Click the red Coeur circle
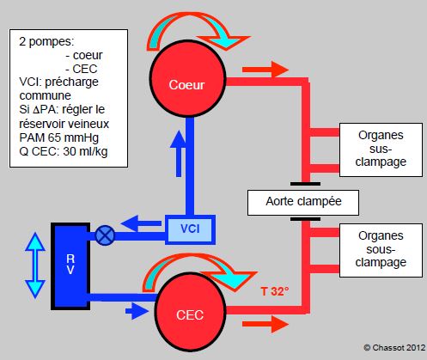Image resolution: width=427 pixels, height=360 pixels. [188, 78]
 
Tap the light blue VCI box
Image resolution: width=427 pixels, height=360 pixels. [190, 229]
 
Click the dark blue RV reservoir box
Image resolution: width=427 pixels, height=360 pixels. [70, 266]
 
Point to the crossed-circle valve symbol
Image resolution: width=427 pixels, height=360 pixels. [105, 235]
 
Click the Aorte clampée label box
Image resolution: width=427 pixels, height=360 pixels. [303, 203]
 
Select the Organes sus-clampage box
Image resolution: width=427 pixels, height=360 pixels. [381, 149]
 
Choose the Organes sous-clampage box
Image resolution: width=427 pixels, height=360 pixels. [381, 250]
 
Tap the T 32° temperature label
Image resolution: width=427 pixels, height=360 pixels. [275, 291]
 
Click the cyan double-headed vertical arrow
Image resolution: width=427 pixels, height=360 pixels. [35, 265]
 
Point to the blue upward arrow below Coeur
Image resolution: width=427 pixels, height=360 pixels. [179, 154]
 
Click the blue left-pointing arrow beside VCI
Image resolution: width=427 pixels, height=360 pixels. [141, 223]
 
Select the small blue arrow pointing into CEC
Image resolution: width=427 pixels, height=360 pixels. [137, 311]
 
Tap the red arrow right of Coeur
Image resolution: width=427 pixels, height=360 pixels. [265, 70]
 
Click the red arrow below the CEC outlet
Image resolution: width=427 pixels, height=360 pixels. [265, 324]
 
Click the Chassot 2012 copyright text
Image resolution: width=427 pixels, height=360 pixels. [394, 348]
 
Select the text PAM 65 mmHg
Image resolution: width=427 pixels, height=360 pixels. [59, 137]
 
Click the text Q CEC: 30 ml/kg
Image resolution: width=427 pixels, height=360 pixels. [64, 151]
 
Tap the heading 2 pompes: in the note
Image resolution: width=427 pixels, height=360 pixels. [46, 42]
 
